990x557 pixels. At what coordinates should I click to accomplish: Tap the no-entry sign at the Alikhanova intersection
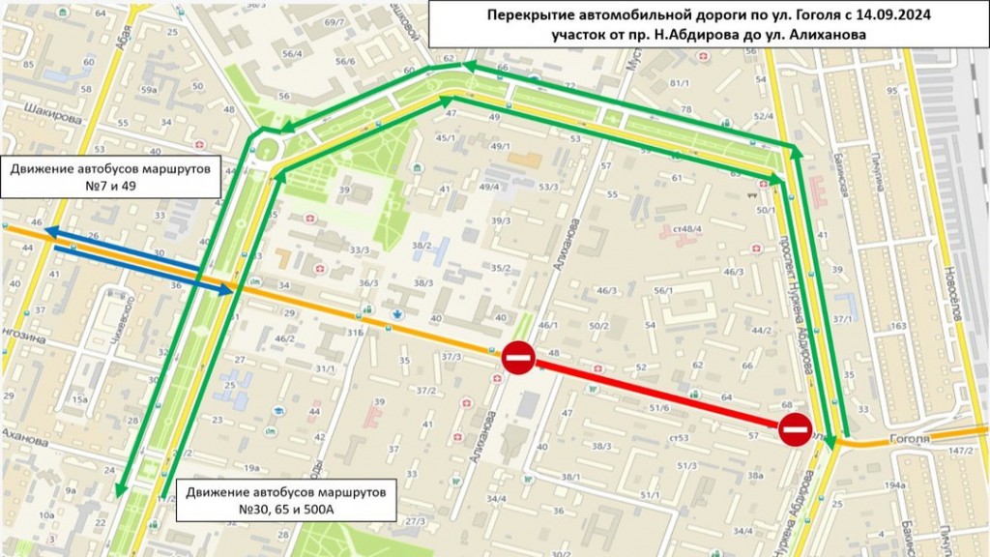(517, 358)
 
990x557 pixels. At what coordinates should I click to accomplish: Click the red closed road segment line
(657, 394)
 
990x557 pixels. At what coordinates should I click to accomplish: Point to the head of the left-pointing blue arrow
(48, 233)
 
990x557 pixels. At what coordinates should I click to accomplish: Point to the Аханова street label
(23, 437)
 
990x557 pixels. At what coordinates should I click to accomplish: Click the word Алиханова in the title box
(826, 35)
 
